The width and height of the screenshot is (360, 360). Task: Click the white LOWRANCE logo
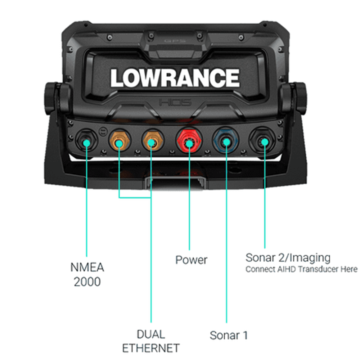click(175, 78)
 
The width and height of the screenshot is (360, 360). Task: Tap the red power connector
click(189, 140)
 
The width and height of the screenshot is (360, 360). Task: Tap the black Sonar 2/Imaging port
click(264, 141)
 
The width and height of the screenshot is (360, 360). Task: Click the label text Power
click(191, 260)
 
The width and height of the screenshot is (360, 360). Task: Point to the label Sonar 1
click(229, 335)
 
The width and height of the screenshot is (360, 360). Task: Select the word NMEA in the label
click(87, 268)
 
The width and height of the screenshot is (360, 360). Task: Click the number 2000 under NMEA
click(87, 282)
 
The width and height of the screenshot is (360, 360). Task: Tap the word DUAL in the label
click(150, 334)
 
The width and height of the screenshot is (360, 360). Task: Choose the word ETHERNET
click(150, 348)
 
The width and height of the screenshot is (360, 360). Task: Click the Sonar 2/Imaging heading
click(288, 258)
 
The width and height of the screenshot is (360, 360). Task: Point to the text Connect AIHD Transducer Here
click(301, 269)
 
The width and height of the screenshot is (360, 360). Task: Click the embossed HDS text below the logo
click(175, 103)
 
